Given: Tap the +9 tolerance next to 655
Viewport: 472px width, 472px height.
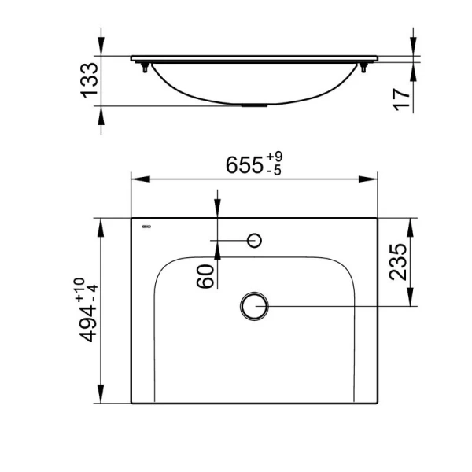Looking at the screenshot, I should pos(275,159).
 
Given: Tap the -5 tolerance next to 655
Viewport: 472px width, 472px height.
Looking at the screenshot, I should pos(275,171).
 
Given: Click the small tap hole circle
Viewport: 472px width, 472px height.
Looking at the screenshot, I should pos(254,240).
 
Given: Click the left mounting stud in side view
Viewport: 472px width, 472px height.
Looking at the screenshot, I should pos(145,69).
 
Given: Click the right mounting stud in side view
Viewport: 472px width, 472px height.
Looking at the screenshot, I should pos(364,69).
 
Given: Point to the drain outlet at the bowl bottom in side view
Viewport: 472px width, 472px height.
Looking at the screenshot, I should pos(254,105).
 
